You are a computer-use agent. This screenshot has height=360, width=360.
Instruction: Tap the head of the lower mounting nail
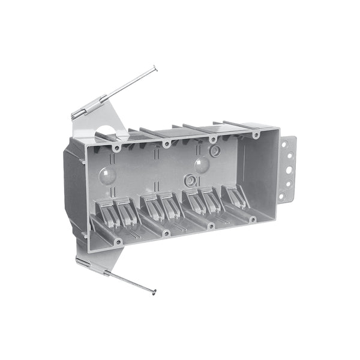tap(154, 293)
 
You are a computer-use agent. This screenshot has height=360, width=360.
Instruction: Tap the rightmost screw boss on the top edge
tap(256, 135)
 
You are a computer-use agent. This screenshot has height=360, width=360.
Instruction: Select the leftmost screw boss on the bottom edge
tap(118, 242)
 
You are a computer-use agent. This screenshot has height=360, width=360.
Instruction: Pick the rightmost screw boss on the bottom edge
tap(253, 219)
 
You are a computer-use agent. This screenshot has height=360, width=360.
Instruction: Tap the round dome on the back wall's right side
tap(202, 164)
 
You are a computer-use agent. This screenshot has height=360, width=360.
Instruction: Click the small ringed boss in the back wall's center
tap(190, 179)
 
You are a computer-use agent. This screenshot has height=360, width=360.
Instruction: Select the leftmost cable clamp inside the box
tap(106, 211)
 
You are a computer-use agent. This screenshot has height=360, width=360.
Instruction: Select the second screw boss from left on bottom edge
tap(166, 233)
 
